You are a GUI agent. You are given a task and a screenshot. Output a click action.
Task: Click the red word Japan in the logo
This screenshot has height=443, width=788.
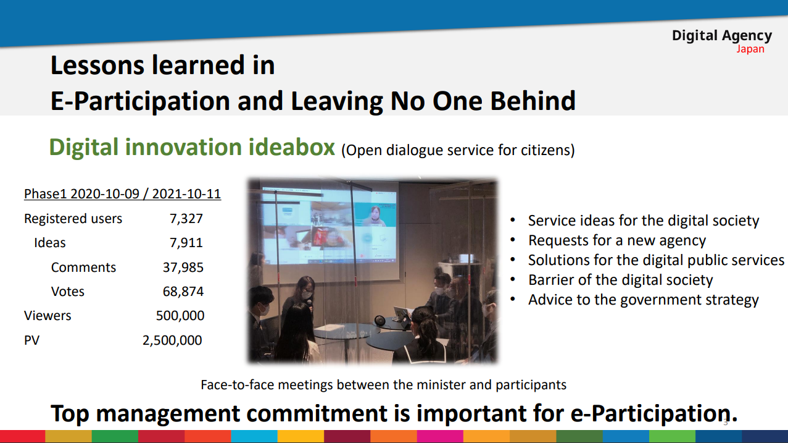pos(750,49)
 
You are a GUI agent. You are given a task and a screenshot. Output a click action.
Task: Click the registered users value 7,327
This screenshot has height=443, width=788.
pos(186,219)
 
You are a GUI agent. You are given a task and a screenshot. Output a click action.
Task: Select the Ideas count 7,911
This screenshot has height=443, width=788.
pos(186,243)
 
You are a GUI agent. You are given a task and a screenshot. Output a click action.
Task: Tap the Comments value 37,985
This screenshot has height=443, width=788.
pos(183,268)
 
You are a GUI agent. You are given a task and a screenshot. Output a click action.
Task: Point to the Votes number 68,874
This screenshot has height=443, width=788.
pos(183,292)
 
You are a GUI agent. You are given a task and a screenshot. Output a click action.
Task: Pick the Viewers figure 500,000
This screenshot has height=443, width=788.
pos(180,316)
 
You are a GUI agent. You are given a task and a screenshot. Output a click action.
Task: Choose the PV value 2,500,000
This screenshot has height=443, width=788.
pos(172,340)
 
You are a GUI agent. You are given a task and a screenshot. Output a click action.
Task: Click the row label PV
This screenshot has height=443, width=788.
pos(31,340)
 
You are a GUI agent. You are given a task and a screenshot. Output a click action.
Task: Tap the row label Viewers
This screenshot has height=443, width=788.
pos(48,316)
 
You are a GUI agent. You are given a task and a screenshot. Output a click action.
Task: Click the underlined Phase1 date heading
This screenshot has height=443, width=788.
pos(122,193)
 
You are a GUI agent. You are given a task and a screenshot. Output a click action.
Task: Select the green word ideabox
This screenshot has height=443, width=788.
pos(292,147)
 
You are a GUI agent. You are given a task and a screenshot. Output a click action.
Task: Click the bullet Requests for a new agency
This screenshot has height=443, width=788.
pos(617,240)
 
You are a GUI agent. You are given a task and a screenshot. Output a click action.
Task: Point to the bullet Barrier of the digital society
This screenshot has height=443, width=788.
pos(621,280)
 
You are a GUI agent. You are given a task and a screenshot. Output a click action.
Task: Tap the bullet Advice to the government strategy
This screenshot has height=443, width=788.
pos(644,300)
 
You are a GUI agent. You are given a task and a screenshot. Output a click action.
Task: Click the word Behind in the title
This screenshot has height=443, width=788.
pos(533,101)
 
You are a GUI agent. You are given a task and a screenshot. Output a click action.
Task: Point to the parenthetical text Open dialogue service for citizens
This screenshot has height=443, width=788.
pos(458,150)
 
